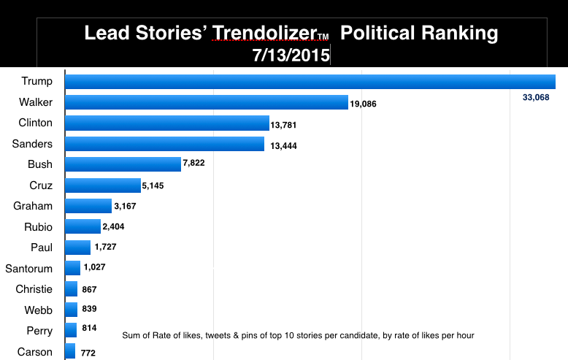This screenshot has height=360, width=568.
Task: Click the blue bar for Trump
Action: click(x=310, y=81)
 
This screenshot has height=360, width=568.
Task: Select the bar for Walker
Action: click(x=207, y=102)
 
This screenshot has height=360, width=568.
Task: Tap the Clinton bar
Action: click(x=167, y=123)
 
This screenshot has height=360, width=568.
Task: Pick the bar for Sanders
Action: click(x=165, y=144)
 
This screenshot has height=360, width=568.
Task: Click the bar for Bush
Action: click(x=123, y=164)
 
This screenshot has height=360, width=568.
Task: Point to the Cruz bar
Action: click(x=103, y=185)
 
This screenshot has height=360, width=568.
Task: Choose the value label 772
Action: click(x=88, y=353)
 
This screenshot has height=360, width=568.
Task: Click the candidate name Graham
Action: click(x=34, y=206)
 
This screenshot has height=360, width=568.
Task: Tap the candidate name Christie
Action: click(x=34, y=289)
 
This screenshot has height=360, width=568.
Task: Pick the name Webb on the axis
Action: click(x=38, y=310)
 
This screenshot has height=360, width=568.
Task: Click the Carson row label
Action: click(x=35, y=352)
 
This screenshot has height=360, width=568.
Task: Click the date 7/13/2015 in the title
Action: click(x=291, y=55)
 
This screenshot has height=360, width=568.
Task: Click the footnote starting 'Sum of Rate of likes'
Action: click(x=298, y=335)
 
